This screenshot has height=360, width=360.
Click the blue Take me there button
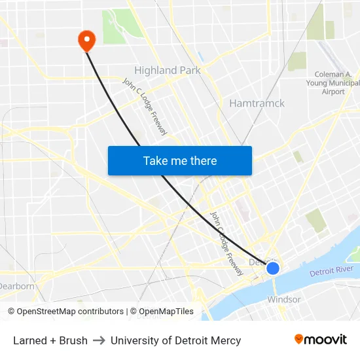[x=180, y=160]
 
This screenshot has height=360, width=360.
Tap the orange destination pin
[x=86, y=41]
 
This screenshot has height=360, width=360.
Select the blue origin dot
[x=273, y=268]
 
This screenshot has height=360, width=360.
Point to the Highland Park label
[x=168, y=70]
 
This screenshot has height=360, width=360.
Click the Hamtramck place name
[x=257, y=103]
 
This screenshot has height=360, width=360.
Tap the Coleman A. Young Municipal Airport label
[x=333, y=83]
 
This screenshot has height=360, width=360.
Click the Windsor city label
[x=284, y=300]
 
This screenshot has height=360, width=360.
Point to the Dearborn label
[x=16, y=286]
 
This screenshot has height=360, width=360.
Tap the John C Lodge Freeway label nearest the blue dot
[x=226, y=243]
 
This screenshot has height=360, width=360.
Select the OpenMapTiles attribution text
[x=166, y=312]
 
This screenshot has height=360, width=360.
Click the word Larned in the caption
[x=30, y=340]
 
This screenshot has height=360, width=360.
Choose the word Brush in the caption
[x=73, y=340]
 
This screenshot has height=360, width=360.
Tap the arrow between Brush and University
[x=99, y=340]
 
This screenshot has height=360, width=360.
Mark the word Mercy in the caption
[x=226, y=340]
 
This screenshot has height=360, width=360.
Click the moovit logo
[x=321, y=340]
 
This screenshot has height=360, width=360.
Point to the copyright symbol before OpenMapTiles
[x=134, y=312]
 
